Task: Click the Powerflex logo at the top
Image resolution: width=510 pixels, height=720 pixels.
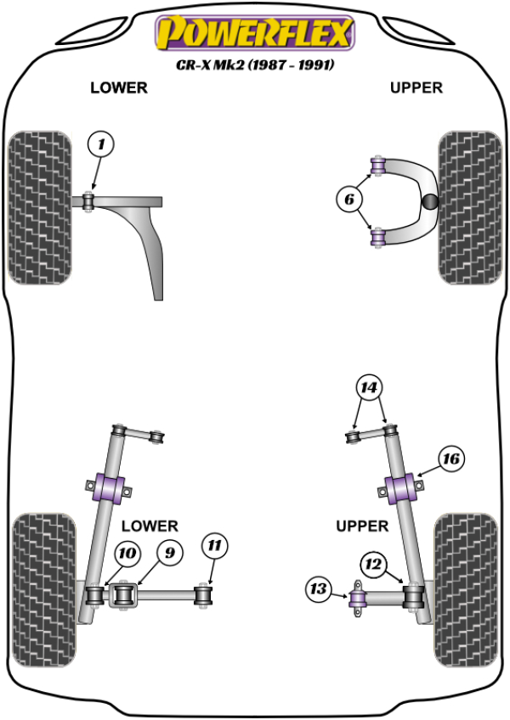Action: point(252,34)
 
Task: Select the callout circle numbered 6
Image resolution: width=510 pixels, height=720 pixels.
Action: point(348,200)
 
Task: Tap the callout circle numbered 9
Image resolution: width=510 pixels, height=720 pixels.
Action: point(169,554)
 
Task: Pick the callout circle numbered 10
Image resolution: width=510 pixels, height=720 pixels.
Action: point(127,554)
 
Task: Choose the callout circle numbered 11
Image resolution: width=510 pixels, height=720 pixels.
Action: point(214,546)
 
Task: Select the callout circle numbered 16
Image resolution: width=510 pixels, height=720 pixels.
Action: point(450,459)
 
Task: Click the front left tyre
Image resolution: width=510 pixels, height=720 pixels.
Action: point(39,206)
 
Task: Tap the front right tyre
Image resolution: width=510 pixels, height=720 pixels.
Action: point(468,206)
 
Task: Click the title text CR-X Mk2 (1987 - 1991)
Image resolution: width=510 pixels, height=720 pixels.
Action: point(254,65)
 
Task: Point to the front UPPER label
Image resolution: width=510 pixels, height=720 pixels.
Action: point(416,87)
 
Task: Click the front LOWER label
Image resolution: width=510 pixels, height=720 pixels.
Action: point(119,87)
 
